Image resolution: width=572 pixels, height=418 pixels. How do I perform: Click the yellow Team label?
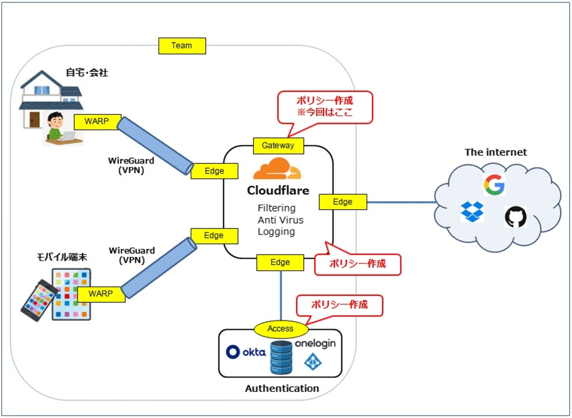[182, 46]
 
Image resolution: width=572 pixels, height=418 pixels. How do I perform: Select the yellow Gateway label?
[278, 145]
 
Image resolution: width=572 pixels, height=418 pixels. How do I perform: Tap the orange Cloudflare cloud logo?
[277, 169]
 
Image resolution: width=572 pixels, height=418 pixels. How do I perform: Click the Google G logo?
[494, 184]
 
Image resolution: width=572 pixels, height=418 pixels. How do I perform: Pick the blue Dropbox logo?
[472, 211]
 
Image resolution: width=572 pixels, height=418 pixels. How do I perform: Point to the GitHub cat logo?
[515, 217]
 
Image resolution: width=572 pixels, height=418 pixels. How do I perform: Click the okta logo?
[246, 352]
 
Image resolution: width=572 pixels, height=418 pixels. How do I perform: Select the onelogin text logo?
[315, 343]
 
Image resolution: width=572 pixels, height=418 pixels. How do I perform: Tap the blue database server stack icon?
[281, 357]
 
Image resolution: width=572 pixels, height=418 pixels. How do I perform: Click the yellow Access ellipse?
[280, 329]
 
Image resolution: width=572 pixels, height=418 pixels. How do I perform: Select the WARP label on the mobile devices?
[101, 294]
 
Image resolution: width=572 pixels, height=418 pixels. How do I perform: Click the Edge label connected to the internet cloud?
[342, 202]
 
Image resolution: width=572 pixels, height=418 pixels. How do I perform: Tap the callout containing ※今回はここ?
[325, 107]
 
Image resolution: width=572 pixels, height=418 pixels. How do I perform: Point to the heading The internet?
[495, 152]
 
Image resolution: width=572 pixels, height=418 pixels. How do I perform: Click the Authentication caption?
[282, 389]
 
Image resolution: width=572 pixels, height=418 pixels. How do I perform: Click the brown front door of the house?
[34, 119]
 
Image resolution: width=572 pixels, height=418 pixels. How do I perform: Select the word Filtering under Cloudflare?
[276, 208]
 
